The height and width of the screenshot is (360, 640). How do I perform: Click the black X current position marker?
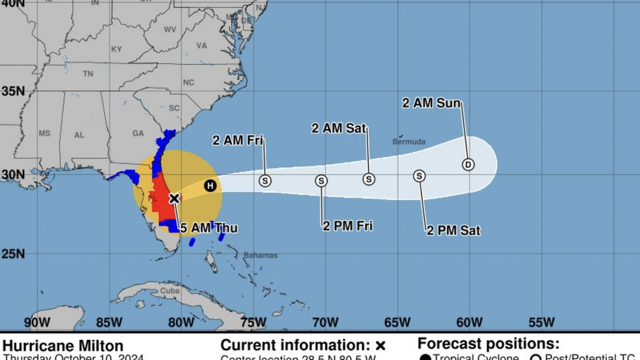(174, 198)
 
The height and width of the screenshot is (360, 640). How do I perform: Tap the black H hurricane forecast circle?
(210, 185)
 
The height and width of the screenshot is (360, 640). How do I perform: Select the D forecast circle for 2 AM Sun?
(468, 165)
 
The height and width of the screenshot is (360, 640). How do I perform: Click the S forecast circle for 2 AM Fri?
(265, 181)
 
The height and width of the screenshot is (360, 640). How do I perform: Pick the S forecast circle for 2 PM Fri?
(321, 181)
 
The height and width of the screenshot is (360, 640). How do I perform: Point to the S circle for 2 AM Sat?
(368, 179)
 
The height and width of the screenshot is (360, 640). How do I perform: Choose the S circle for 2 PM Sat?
(419, 176)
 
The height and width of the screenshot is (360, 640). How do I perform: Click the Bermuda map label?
(409, 142)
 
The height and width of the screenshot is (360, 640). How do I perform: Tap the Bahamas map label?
(260, 256)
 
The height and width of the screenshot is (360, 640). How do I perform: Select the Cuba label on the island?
(170, 291)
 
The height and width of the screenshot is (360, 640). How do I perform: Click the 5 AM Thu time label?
(208, 228)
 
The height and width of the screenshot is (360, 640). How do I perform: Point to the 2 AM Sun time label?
(431, 103)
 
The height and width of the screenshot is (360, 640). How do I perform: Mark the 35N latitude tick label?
(12, 91)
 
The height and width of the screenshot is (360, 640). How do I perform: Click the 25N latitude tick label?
(12, 254)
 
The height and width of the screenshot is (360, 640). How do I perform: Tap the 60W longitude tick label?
(469, 322)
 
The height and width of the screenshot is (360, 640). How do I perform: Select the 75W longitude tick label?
(253, 322)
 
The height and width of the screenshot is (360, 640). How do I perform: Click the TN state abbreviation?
(88, 74)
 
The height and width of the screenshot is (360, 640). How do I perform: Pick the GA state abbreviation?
(138, 134)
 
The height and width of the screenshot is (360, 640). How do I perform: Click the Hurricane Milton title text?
(63, 345)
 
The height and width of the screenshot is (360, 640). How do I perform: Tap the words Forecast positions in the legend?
(488, 344)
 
